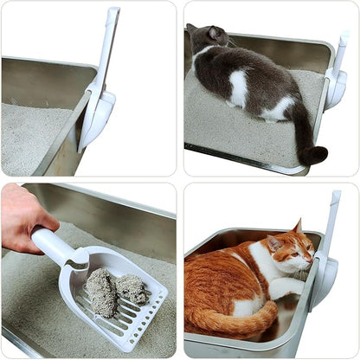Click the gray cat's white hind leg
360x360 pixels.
(279, 111)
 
